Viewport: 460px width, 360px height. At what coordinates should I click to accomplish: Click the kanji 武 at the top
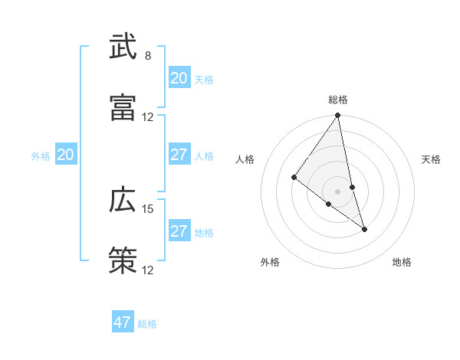123,47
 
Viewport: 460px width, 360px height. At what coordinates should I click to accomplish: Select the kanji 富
123,107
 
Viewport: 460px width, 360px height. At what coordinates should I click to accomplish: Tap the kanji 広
123,201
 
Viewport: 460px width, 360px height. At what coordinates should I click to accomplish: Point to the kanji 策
123,260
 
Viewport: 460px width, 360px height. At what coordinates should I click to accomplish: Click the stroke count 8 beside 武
148,56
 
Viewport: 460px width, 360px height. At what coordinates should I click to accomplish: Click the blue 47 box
123,322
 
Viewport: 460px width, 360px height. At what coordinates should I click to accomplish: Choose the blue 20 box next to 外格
66,155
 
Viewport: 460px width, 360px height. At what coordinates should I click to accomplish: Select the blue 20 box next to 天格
179,78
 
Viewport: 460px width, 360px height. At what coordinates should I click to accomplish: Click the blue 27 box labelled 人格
179,155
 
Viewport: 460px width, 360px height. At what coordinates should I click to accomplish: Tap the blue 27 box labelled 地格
179,231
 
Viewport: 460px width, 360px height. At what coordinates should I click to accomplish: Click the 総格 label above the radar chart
338,100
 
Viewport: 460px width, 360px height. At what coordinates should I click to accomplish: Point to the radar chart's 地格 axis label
402,263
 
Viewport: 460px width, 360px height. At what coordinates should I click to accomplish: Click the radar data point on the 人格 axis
294,178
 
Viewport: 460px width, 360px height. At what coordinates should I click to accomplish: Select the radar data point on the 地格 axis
364,229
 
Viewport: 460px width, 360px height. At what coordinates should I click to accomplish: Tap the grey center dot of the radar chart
338,191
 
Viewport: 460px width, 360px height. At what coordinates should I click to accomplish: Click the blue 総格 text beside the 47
147,324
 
